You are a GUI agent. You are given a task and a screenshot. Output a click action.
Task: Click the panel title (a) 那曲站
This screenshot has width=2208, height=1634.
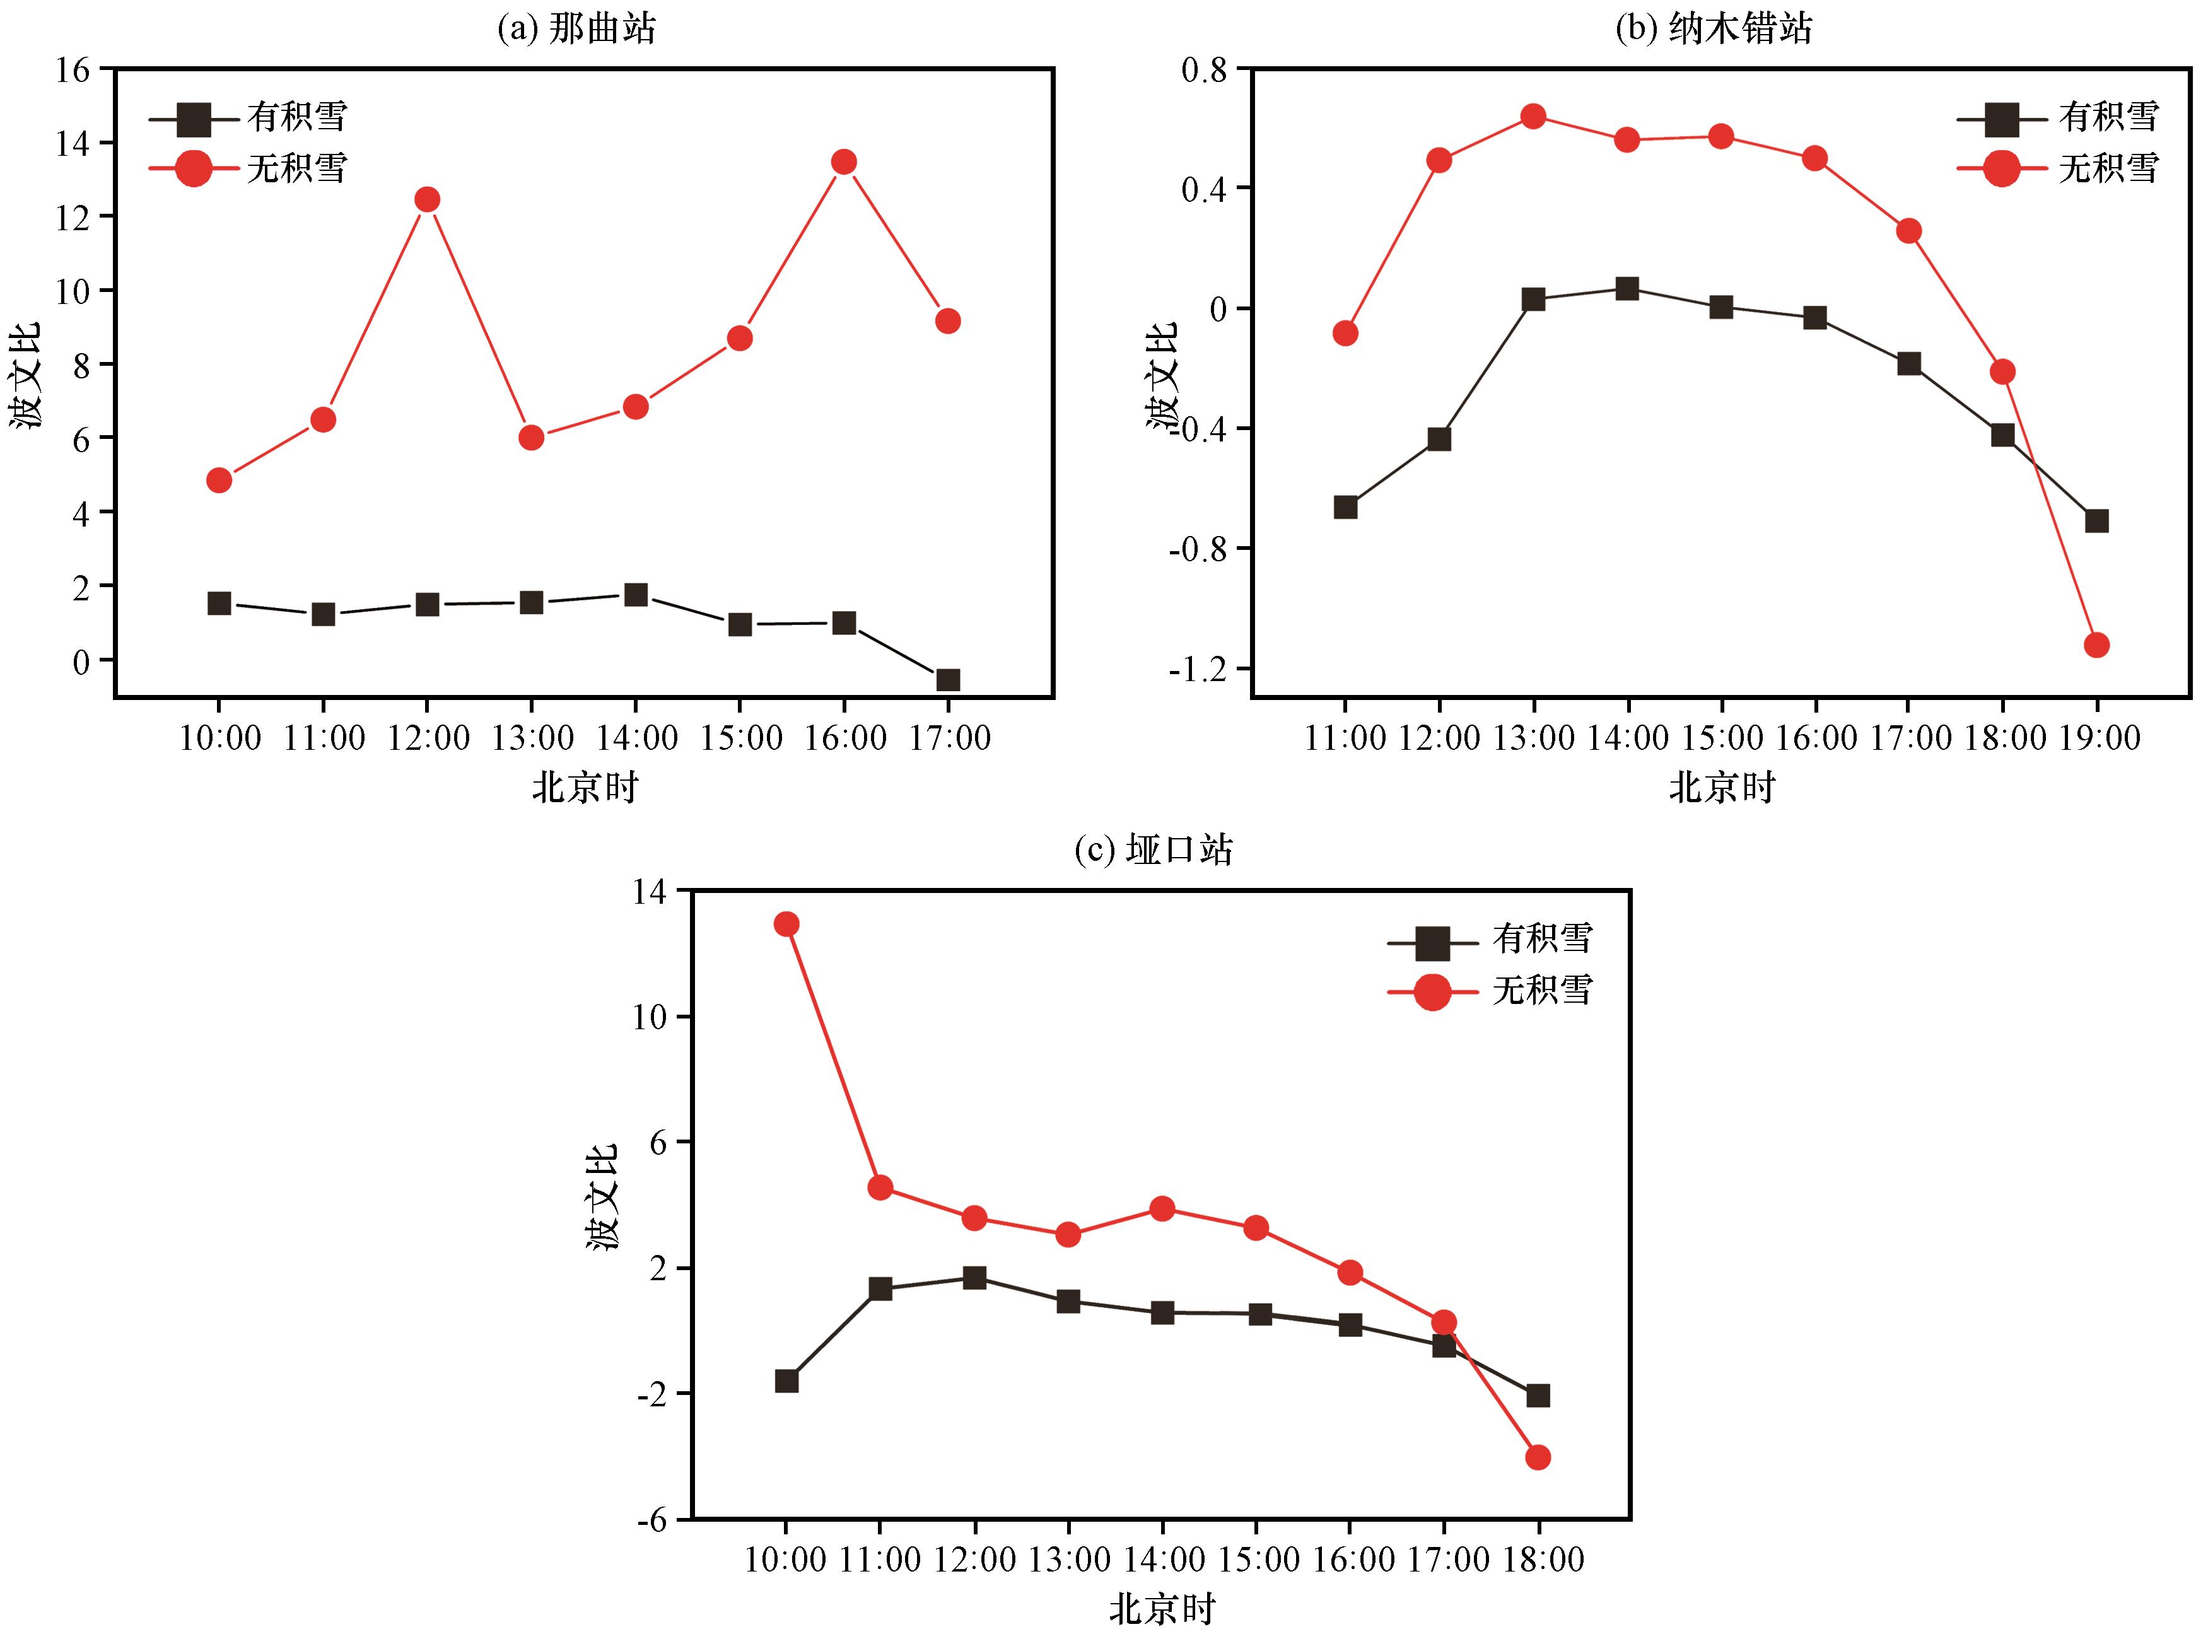576,28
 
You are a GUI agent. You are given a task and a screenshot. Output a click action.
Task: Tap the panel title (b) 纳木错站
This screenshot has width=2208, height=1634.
1714,28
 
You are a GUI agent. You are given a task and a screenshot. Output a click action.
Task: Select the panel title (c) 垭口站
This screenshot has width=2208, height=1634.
1154,849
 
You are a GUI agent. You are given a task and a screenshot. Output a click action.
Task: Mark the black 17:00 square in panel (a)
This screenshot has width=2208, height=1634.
948,679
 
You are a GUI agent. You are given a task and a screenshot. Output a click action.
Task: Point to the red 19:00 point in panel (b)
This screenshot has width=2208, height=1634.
2096,645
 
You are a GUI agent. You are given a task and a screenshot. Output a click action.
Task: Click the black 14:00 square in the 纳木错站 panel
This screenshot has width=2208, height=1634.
1627,289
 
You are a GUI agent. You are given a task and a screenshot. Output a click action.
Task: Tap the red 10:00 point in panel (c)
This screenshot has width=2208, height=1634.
786,924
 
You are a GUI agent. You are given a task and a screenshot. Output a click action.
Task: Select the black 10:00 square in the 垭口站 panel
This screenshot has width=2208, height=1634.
786,1380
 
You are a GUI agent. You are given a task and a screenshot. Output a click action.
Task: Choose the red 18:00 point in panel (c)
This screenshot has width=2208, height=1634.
1538,1457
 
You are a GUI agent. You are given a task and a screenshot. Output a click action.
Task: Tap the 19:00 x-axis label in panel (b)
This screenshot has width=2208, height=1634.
2098,738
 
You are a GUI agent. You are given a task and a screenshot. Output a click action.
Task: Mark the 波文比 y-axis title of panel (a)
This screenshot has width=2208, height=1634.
26,376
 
